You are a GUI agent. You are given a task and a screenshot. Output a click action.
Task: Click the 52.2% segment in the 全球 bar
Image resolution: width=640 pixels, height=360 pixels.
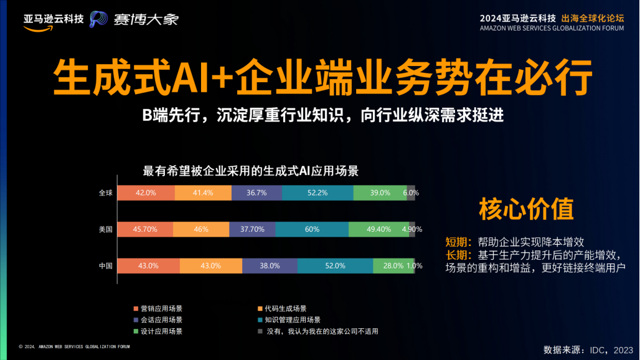(318, 193)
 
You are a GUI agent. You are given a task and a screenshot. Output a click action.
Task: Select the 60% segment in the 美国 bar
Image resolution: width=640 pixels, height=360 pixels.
(312, 229)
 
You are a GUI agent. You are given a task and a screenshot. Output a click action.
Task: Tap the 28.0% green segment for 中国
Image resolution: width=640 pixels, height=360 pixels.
(393, 265)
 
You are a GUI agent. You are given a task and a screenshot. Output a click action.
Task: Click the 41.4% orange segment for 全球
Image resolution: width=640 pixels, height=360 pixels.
(203, 193)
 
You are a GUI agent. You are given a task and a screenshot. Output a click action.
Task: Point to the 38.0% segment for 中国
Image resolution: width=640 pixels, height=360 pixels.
(270, 265)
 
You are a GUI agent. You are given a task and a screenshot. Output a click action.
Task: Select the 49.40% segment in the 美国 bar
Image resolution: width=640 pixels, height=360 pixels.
(379, 229)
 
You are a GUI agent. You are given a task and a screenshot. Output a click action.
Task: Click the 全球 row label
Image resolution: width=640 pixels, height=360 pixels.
(105, 193)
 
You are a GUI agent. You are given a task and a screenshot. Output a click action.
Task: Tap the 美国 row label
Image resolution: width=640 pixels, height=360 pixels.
(105, 229)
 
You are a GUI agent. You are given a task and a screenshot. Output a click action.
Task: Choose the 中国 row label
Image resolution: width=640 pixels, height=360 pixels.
(105, 265)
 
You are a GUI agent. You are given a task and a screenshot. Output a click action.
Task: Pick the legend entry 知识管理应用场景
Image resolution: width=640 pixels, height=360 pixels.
(292, 320)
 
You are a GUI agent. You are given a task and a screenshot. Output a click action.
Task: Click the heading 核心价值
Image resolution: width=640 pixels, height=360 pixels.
(526, 209)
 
